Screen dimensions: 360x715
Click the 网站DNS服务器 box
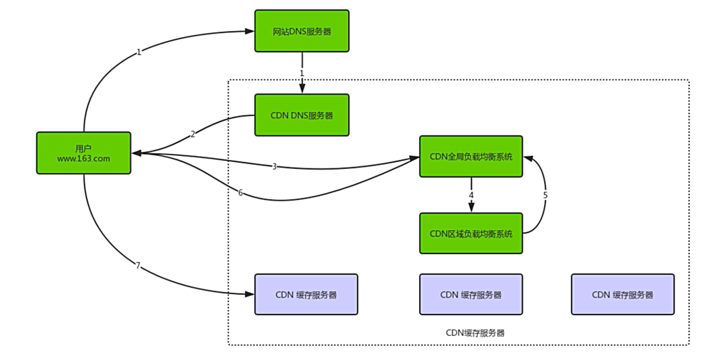click(x=302, y=31)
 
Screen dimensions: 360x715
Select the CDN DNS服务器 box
click(x=302, y=115)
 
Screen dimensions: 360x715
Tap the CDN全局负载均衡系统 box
click(x=470, y=157)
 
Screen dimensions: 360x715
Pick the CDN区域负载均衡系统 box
click(x=470, y=233)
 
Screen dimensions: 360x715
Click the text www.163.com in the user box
click(x=83, y=158)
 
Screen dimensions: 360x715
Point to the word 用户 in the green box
click(x=83, y=148)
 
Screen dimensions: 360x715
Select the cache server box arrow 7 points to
click(x=306, y=294)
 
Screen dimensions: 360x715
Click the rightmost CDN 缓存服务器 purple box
click(x=622, y=294)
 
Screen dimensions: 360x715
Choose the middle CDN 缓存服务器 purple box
click(x=470, y=294)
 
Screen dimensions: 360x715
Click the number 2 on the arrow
click(x=193, y=134)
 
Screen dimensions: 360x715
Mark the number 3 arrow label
click(x=274, y=167)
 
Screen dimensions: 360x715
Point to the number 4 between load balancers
click(x=470, y=196)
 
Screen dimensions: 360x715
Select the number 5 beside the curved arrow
click(x=545, y=195)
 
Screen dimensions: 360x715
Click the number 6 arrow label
click(x=240, y=193)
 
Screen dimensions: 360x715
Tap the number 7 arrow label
click(x=137, y=265)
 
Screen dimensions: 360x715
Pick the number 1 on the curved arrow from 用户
click(x=139, y=52)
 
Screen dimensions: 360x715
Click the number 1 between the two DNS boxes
click(x=302, y=73)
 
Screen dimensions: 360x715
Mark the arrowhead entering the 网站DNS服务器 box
click(x=250, y=31)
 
